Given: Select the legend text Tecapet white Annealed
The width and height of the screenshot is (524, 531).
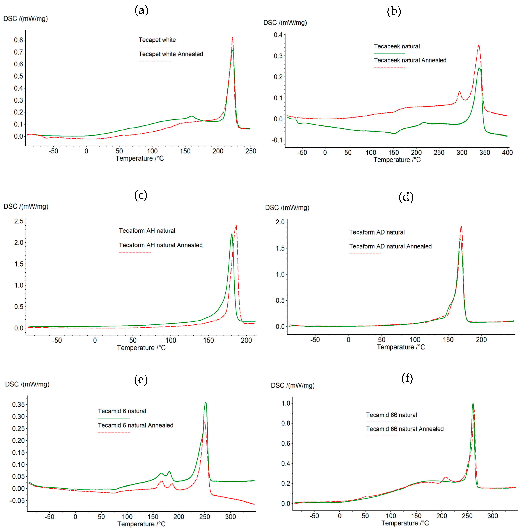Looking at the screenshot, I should (171, 54).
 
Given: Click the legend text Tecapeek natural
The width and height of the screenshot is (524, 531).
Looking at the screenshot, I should (397, 46).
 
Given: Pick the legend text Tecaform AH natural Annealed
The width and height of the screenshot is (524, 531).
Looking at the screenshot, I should (161, 245).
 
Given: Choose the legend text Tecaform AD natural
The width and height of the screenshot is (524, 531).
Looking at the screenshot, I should (377, 232).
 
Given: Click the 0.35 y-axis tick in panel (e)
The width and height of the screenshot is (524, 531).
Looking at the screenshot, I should (18, 404).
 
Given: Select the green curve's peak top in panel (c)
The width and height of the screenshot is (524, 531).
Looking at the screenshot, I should (231, 234).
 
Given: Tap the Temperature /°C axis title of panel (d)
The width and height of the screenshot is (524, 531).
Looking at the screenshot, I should (401, 347).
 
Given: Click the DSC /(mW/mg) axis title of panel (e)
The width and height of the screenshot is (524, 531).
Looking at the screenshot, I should (27, 384).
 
